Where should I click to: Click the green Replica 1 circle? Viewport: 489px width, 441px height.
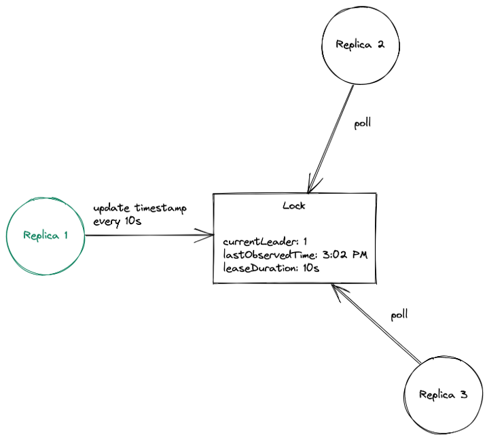pyautogui.click(x=45, y=235)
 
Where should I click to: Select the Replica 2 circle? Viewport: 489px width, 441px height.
pyautogui.click(x=360, y=45)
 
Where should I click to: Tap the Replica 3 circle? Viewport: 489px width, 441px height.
pyautogui.click(x=443, y=394)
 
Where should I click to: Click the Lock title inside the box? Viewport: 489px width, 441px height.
pyautogui.click(x=293, y=206)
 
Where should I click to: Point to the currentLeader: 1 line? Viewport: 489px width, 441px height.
pyautogui.click(x=266, y=241)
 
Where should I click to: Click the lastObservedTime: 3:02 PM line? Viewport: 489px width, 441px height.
pyautogui.click(x=295, y=254)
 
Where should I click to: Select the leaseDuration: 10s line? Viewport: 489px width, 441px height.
pyautogui.click(x=271, y=268)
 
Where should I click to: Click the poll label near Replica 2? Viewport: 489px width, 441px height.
pyautogui.click(x=363, y=125)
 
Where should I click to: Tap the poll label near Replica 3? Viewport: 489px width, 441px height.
pyautogui.click(x=399, y=315)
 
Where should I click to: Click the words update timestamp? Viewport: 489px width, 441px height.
pyautogui.click(x=139, y=208)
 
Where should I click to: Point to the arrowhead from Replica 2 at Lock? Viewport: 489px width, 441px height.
pyautogui.click(x=312, y=186)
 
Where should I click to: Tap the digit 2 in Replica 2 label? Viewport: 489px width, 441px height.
pyautogui.click(x=380, y=45)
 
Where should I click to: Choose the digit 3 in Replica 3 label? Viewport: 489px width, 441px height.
pyautogui.click(x=464, y=394)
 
